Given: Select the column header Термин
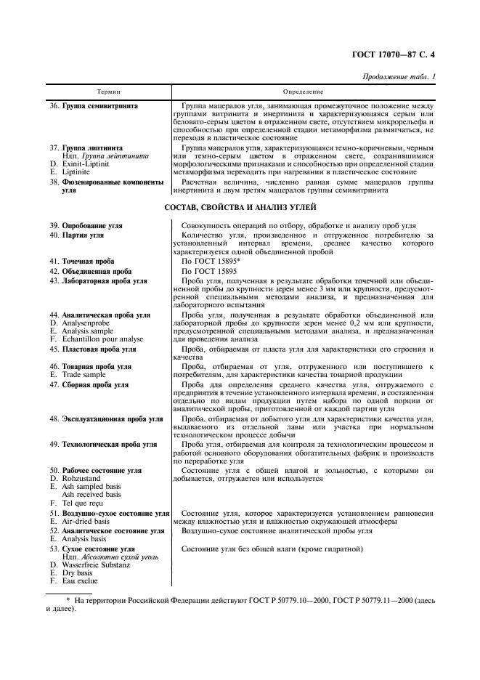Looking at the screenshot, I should point(108,92).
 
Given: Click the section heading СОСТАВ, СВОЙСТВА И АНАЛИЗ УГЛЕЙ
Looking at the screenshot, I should point(240,209).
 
